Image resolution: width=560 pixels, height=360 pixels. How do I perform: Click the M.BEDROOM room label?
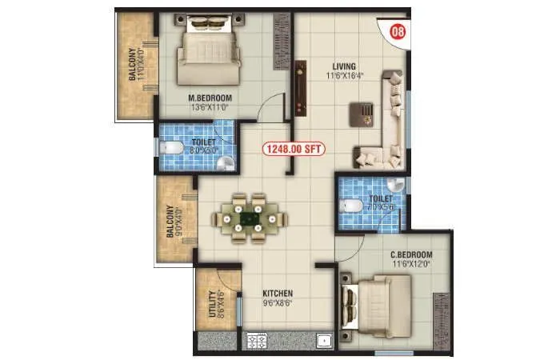pyautogui.click(x=198, y=100)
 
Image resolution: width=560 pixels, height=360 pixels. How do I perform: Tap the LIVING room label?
pyautogui.click(x=344, y=66)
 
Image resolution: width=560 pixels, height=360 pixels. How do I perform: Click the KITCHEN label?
pyautogui.click(x=278, y=294)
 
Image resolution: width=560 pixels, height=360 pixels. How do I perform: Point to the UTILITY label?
pyautogui.click(x=212, y=304)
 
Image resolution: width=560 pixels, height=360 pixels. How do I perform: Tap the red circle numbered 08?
pyautogui.click(x=395, y=33)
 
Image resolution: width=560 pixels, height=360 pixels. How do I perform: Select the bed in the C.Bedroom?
pyautogui.click(x=376, y=308)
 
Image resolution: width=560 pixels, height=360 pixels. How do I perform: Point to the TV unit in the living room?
pyautogui.click(x=301, y=87)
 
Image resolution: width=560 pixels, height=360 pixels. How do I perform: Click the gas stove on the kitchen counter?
pyautogui.click(x=258, y=342)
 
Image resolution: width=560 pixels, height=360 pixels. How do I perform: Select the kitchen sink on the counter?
pyautogui.click(x=323, y=342)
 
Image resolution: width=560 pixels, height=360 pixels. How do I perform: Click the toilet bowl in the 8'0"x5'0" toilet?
pyautogui.click(x=170, y=149)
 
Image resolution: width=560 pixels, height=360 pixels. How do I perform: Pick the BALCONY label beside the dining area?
pyautogui.click(x=170, y=222)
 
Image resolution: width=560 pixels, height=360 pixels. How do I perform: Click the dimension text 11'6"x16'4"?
pyautogui.click(x=344, y=77)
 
